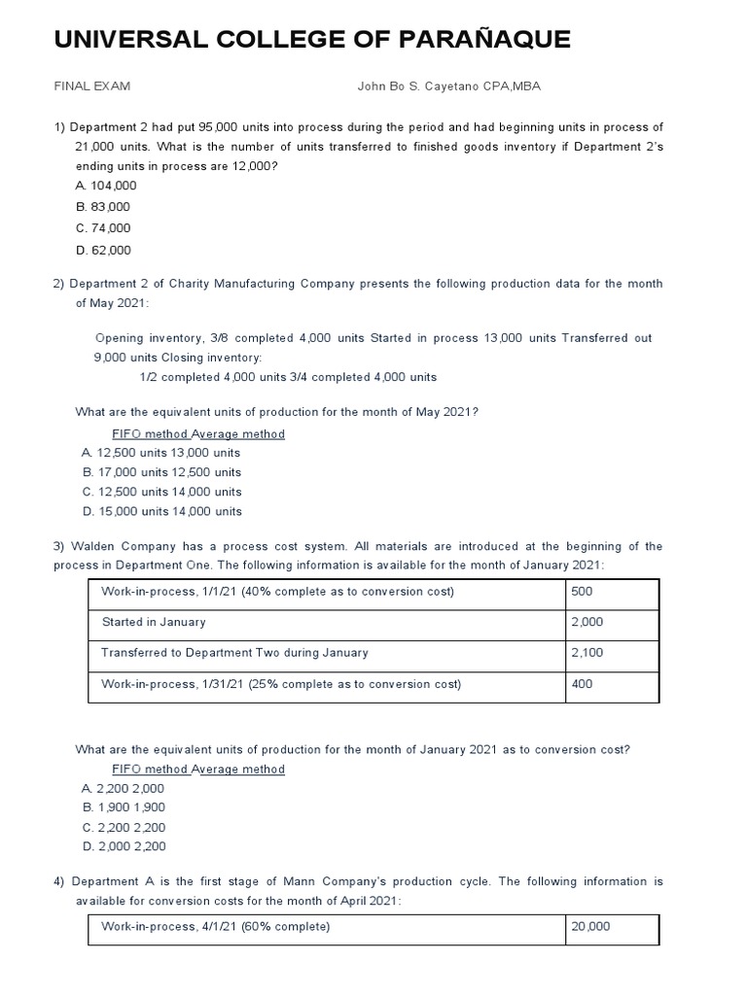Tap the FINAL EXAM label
click(92, 86)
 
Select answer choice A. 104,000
click(106, 186)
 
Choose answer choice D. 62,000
click(102, 250)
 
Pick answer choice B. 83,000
click(102, 207)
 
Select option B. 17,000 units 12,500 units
click(162, 472)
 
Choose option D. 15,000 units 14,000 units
click(162, 511)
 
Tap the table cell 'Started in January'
click(154, 622)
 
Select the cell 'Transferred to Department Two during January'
click(234, 653)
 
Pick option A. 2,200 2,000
click(124, 789)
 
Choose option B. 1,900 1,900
click(124, 807)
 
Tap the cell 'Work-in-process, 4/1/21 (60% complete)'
click(216, 927)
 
